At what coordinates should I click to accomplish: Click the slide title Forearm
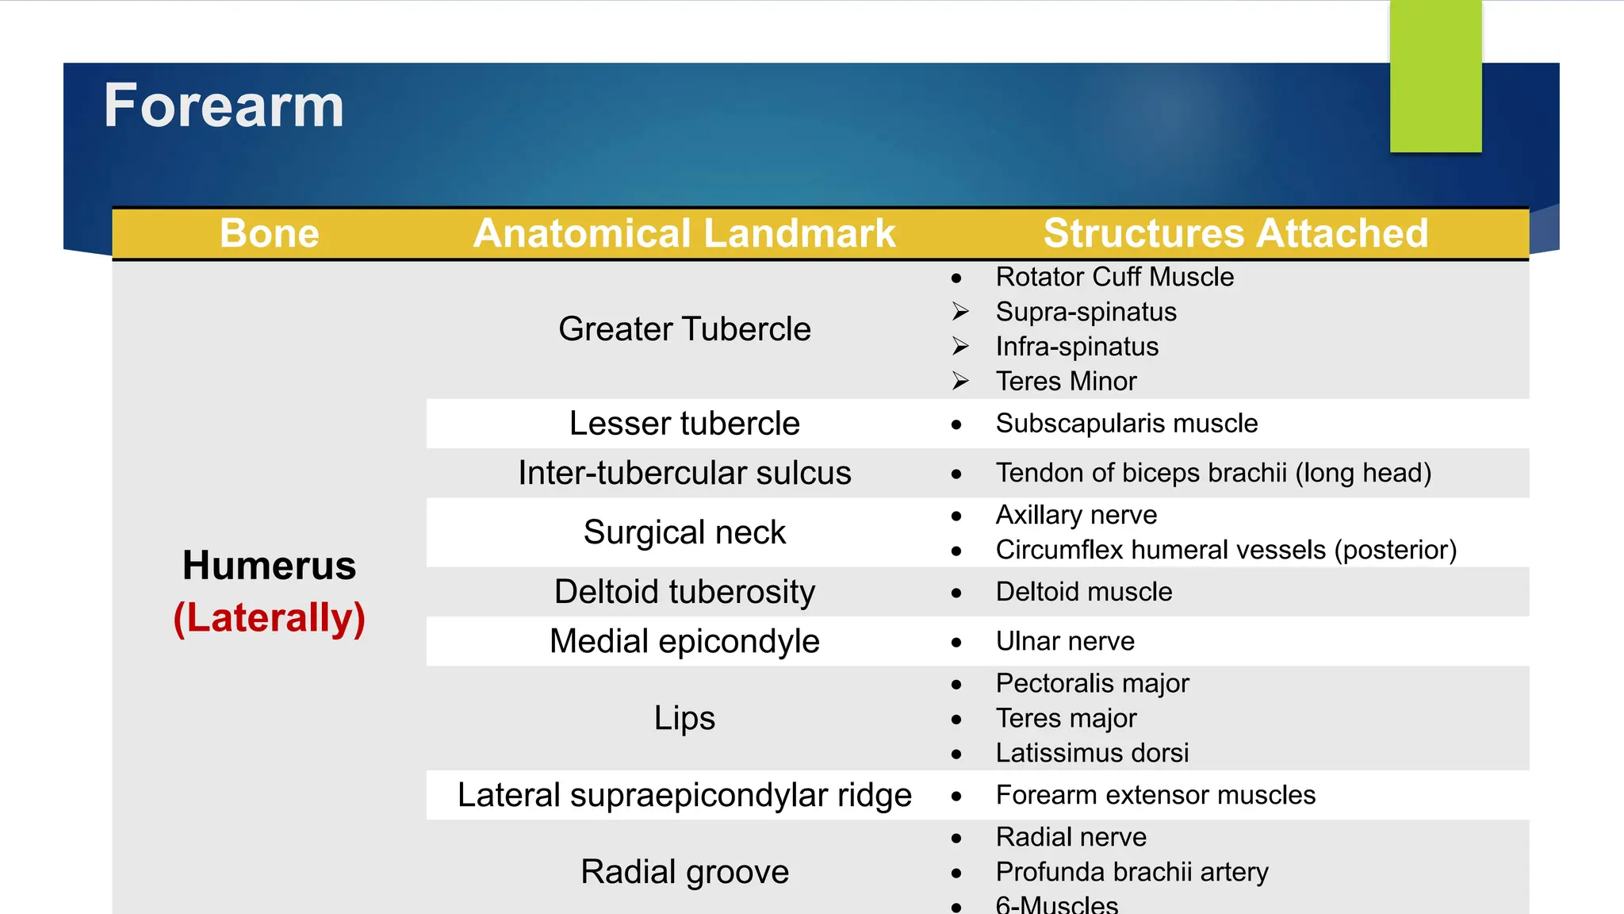pyautogui.click(x=224, y=106)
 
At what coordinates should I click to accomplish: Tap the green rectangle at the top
pyautogui.click(x=1435, y=76)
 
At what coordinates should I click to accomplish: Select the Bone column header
pyautogui.click(x=270, y=233)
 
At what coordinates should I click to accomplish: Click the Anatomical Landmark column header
pyautogui.click(x=684, y=233)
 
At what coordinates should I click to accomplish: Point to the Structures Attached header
pyautogui.click(x=1235, y=233)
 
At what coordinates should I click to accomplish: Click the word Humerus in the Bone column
pyautogui.click(x=270, y=566)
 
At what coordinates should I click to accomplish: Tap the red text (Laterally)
pyautogui.click(x=270, y=618)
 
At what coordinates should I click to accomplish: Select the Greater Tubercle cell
pyautogui.click(x=684, y=329)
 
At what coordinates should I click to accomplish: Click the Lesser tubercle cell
pyautogui.click(x=684, y=424)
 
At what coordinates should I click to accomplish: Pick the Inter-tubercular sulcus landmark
pyautogui.click(x=684, y=473)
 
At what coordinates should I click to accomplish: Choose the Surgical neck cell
pyautogui.click(x=684, y=532)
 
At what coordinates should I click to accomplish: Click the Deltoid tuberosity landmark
pyautogui.click(x=684, y=592)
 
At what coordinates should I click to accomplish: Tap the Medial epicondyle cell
pyautogui.click(x=684, y=641)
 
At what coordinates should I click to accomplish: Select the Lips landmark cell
pyautogui.click(x=684, y=718)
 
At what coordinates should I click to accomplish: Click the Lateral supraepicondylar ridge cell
pyautogui.click(x=684, y=795)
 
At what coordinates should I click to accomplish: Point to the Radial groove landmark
pyautogui.click(x=684, y=872)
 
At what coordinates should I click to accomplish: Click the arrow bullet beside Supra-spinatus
pyautogui.click(x=960, y=312)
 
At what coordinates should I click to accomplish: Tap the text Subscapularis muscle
pyautogui.click(x=1126, y=424)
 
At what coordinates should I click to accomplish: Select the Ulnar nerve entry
pyautogui.click(x=1065, y=641)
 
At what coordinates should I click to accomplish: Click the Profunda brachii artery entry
pyautogui.click(x=1132, y=872)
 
